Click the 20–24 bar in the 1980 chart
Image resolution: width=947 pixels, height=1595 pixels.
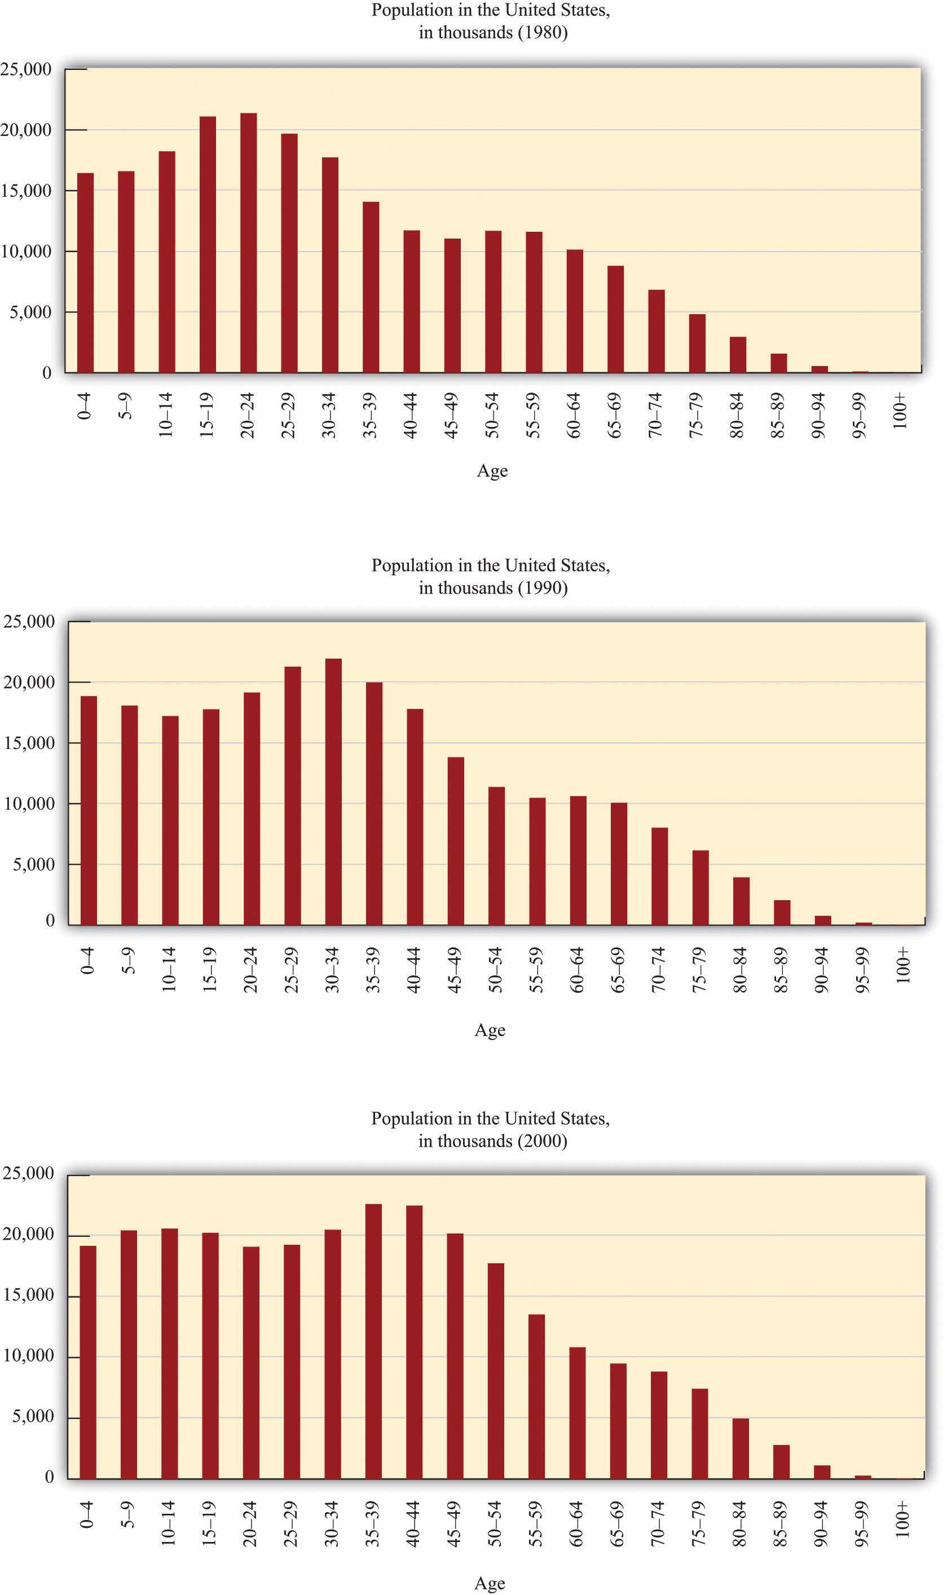[x=248, y=243]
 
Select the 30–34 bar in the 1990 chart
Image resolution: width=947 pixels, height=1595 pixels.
[x=333, y=791]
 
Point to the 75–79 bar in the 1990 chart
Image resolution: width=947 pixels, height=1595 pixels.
[x=700, y=887]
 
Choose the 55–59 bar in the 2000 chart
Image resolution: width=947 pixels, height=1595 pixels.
[x=537, y=1396]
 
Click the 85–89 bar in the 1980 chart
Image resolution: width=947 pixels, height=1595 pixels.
[x=778, y=363]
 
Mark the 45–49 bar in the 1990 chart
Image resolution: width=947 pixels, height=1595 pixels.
[x=456, y=841]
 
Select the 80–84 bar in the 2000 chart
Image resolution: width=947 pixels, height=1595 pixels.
[x=740, y=1448]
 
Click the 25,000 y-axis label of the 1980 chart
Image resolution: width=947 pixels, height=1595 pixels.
[x=26, y=69]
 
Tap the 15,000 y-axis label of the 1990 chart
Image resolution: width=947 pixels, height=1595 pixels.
[x=29, y=743]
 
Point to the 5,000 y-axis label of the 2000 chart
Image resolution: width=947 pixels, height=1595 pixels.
[x=33, y=1416]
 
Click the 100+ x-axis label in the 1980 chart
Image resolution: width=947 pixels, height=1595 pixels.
[x=900, y=412]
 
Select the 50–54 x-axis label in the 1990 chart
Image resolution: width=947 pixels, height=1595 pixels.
[x=495, y=970]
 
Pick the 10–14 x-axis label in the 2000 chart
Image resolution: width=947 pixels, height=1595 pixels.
[x=168, y=1523]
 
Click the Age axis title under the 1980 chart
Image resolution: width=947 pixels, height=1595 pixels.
[x=492, y=471]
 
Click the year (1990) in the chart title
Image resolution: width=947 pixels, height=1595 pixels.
[x=543, y=588]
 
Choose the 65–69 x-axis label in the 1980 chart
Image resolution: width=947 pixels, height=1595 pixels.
[x=615, y=415]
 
